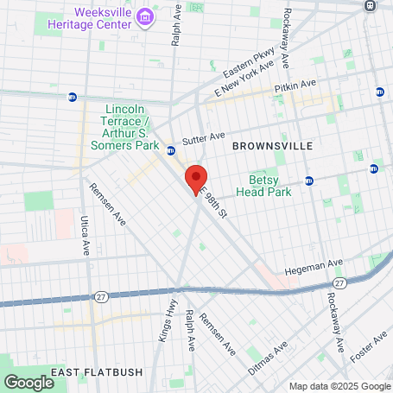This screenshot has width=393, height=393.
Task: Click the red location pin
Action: [x=196, y=179]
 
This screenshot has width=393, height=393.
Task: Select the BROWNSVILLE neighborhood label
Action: [x=272, y=147]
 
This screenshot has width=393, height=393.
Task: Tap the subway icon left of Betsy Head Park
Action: [x=308, y=181]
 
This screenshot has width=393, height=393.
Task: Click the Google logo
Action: [x=29, y=382]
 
